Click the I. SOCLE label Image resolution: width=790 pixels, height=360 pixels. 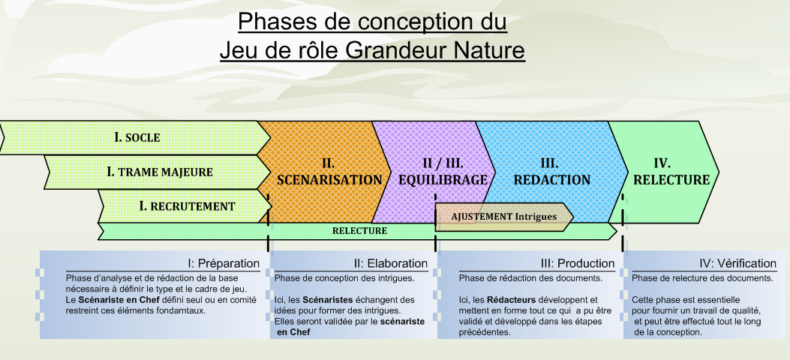(x=137, y=137)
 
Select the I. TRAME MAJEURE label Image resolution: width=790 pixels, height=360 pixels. (x=160, y=172)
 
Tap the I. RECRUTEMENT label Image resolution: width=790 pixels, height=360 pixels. (x=187, y=206)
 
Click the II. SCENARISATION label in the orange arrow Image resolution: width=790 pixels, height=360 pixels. (x=329, y=172)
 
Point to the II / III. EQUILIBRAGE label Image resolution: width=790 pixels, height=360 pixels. (x=443, y=172)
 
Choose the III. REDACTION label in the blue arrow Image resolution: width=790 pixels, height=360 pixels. (x=551, y=172)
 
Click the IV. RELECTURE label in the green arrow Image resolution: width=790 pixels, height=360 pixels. (x=671, y=172)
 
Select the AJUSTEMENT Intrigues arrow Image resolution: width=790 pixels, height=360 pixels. (x=504, y=217)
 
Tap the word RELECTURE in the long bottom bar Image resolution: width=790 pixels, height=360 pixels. (x=359, y=230)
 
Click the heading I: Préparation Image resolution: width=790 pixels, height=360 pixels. (x=223, y=263)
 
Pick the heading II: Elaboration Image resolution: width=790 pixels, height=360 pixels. (x=390, y=263)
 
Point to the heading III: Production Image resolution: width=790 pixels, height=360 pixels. (x=578, y=263)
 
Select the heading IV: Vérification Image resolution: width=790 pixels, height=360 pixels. (x=737, y=263)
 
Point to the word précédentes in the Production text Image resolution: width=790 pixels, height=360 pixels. (x=484, y=332)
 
